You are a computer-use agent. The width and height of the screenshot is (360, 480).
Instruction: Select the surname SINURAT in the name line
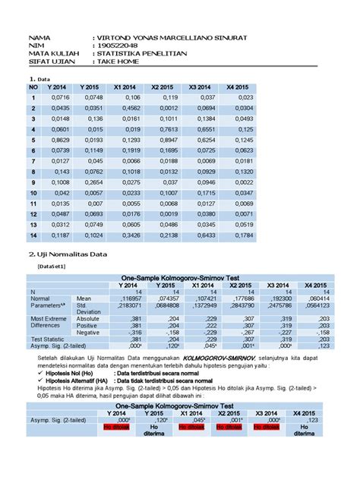pyautogui.click(x=226, y=37)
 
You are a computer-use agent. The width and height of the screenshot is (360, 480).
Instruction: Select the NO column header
pyautogui.click(x=33, y=87)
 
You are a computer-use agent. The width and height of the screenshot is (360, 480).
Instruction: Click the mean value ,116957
pyautogui.click(x=141, y=298)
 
